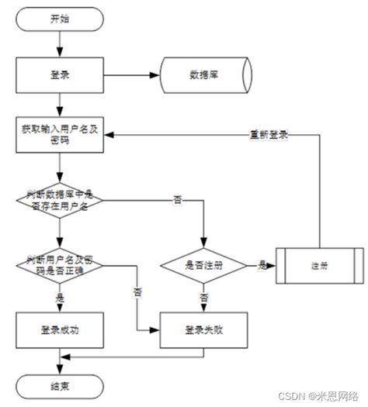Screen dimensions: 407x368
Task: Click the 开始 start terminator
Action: point(60,18)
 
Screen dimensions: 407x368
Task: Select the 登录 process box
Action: point(59,75)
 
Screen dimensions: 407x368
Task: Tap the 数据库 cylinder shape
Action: point(203,75)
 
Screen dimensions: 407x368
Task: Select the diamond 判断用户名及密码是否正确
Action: point(59,264)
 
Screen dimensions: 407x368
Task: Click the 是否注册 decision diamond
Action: point(203,265)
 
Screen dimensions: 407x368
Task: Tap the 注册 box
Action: point(319,265)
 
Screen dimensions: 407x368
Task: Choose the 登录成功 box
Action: point(59,329)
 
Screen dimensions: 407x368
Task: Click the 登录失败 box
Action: point(203,329)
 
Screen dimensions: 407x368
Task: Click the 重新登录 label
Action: point(269,133)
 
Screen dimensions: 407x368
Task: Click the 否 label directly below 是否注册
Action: point(203,297)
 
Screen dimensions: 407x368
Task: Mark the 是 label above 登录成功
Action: point(59,297)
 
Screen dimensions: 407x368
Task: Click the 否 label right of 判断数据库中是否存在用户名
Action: point(178,201)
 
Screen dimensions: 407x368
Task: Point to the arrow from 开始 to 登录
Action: point(59,43)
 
